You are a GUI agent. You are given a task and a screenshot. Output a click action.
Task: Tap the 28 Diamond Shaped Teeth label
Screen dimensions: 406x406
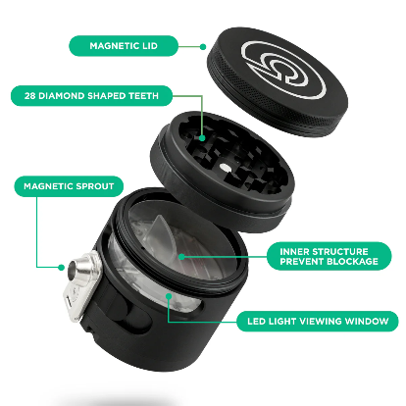click(91, 96)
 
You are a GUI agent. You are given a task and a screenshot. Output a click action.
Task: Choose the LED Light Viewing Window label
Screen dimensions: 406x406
click(316, 321)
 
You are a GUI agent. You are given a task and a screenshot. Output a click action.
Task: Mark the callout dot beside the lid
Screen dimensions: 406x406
click(202, 45)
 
